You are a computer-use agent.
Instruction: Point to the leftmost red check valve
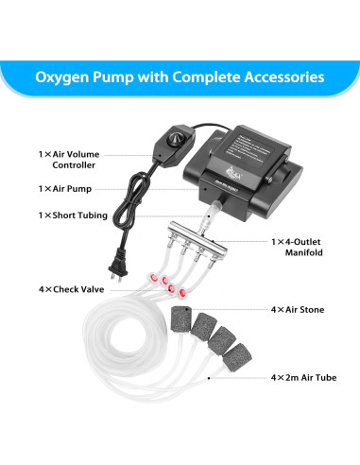pos(149,278)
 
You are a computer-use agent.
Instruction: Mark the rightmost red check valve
pos(175,292)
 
